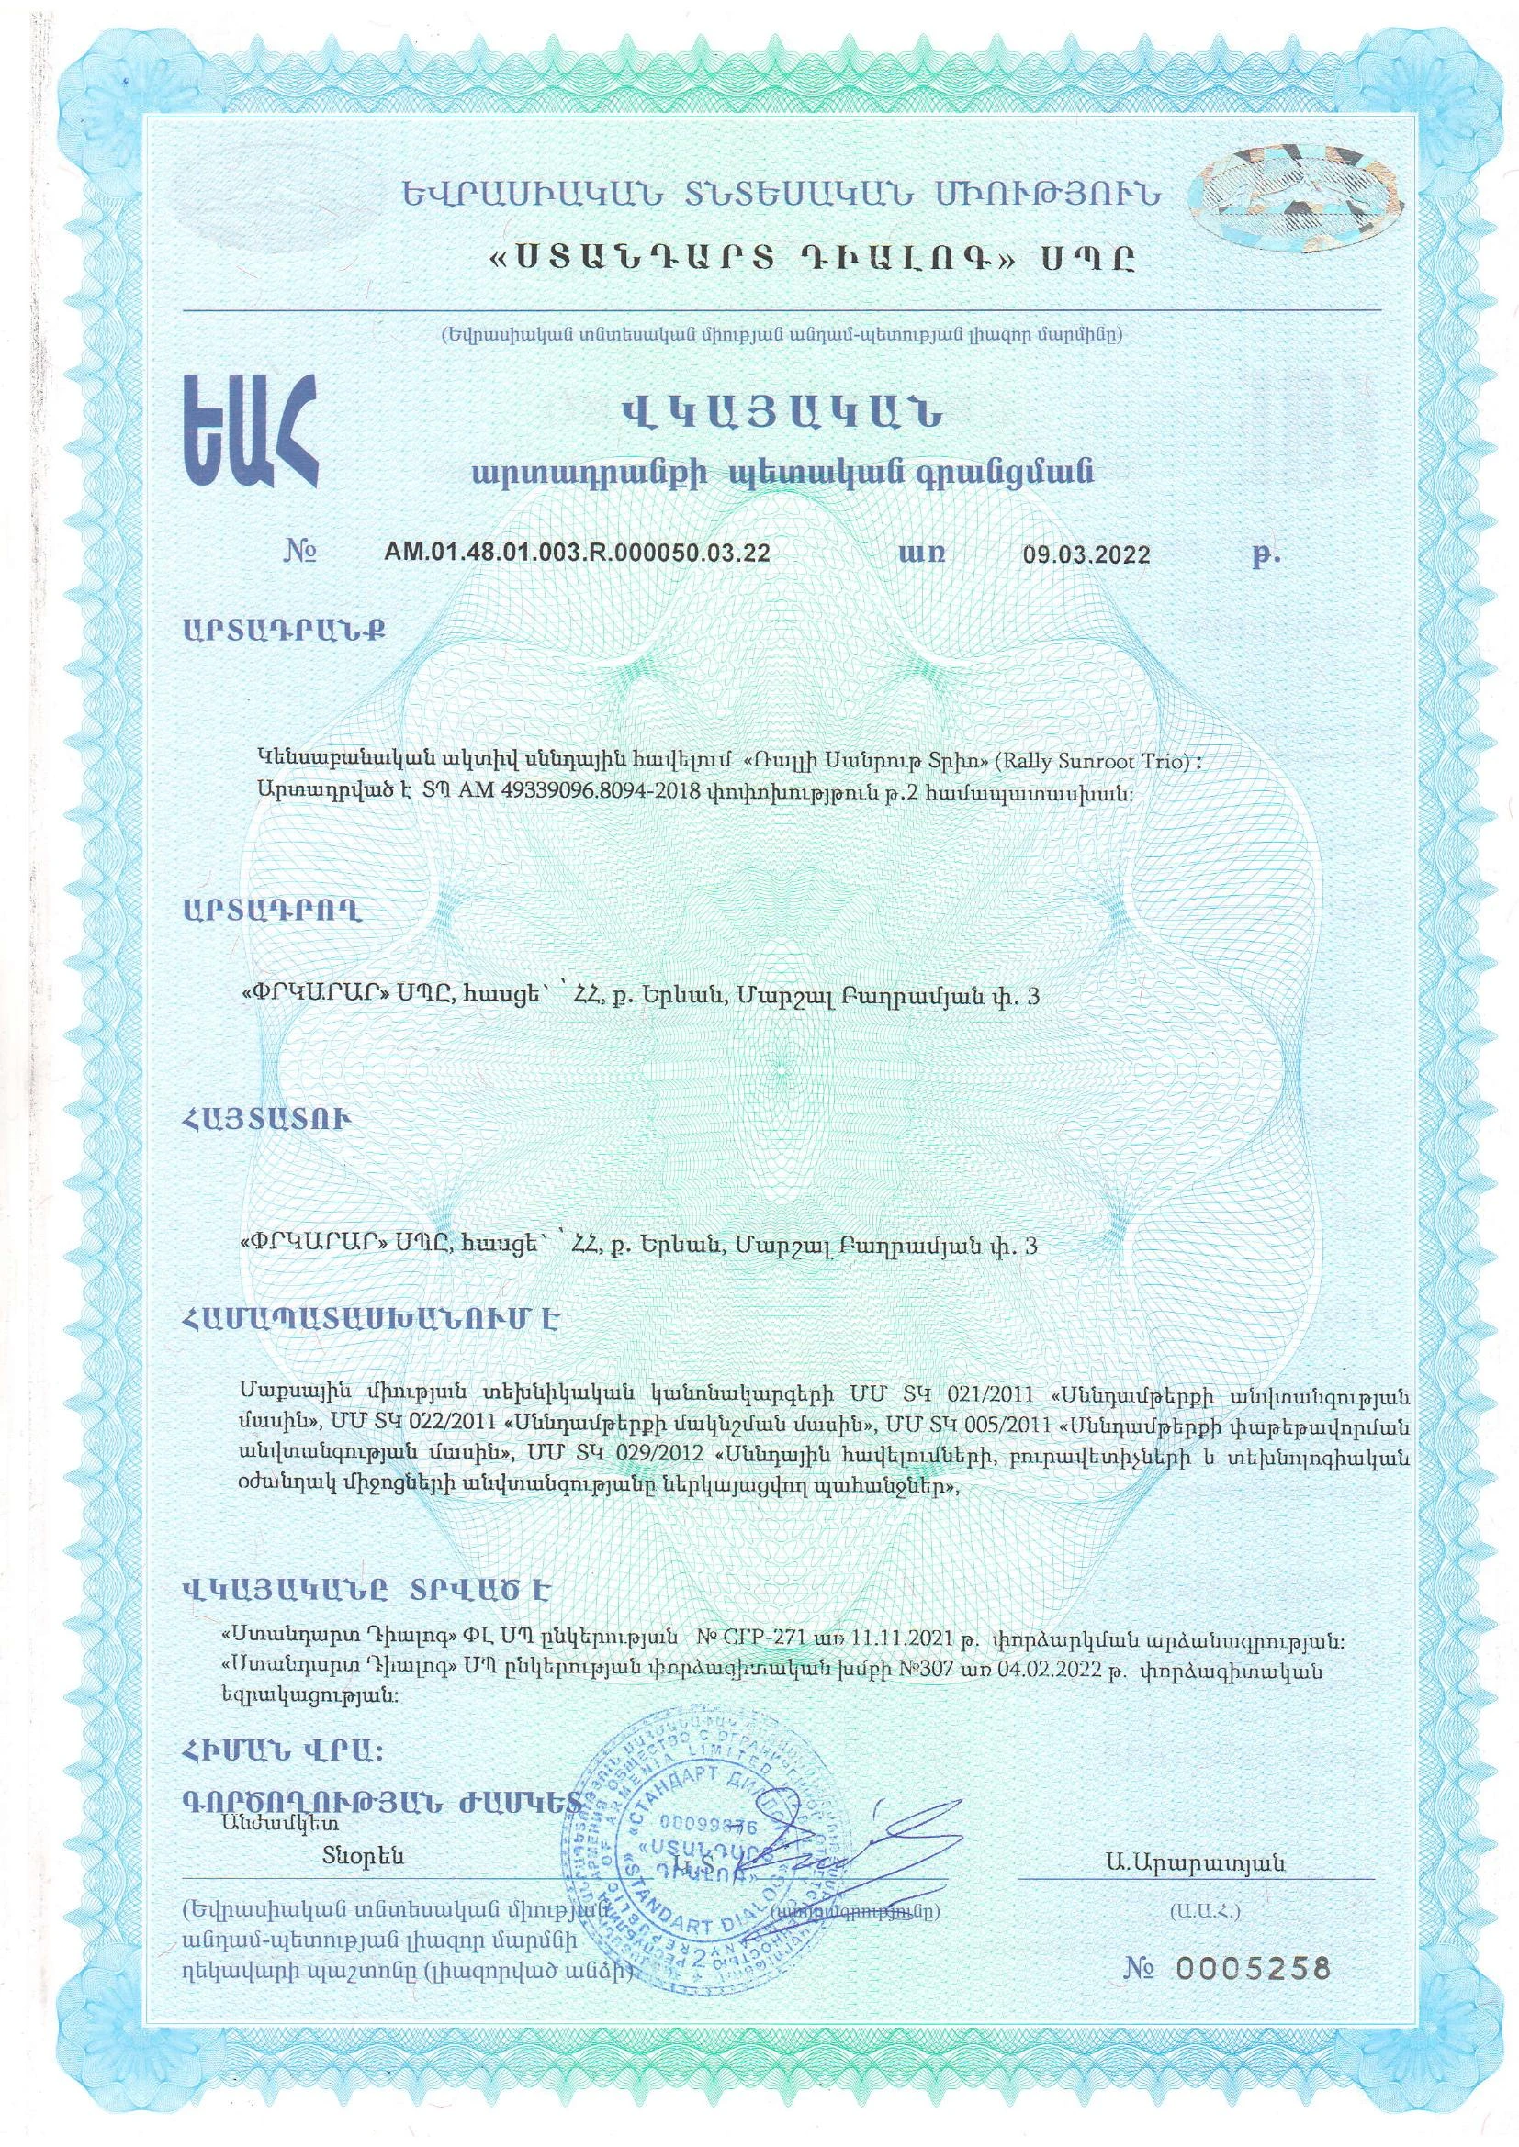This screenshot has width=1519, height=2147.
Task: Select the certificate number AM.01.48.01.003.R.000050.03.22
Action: click(x=577, y=552)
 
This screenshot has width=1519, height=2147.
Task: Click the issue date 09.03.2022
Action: click(x=1086, y=554)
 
